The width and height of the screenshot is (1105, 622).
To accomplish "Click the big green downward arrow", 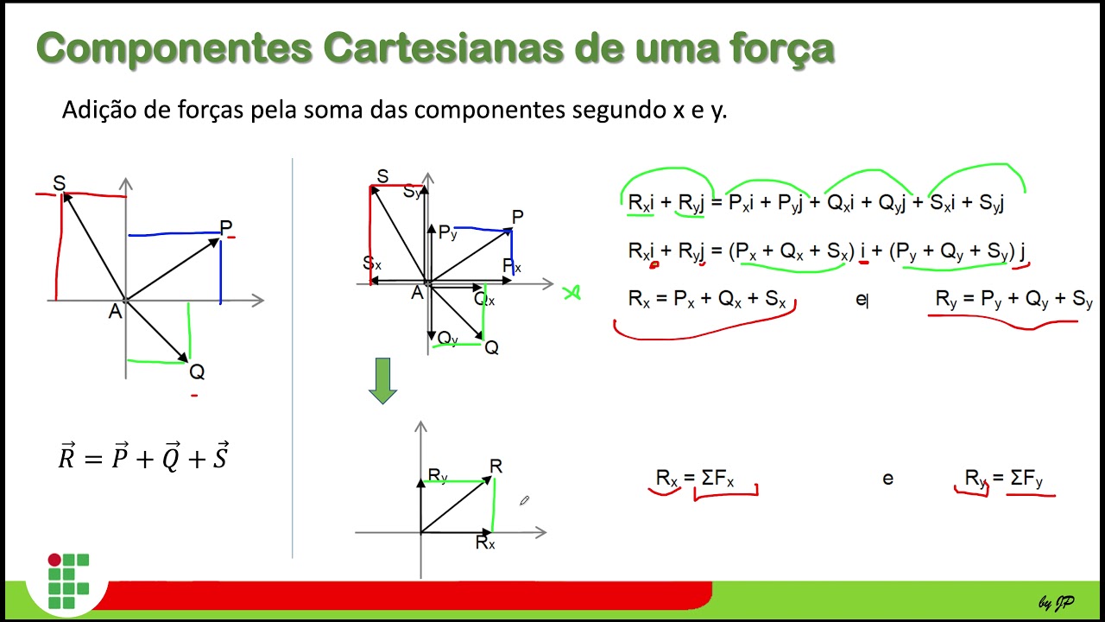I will pos(382,381).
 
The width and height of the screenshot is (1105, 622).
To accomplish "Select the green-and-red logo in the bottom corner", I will pos(68,581).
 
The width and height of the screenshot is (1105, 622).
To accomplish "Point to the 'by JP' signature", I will pos(1056,602).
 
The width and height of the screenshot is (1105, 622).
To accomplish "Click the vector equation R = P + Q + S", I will pos(143,457).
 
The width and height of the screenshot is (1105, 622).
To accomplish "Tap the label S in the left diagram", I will pos(59,183).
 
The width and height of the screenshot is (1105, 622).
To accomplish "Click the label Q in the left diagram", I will pos(197,372).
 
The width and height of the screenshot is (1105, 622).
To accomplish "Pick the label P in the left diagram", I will pos(225,228).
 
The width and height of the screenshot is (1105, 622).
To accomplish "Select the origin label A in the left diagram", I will pos(115,312).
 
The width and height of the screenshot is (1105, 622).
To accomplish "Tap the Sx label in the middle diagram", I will pos(372,263).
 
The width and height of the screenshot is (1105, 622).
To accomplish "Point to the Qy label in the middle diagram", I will pos(447,338).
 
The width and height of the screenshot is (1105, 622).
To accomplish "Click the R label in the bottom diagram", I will pos(496,466).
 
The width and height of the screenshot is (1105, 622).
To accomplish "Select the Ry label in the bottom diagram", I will pos(438,475).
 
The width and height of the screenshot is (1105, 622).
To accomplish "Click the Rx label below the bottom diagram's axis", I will pos(485,543).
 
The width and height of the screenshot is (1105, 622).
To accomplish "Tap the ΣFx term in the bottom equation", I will pos(717,478).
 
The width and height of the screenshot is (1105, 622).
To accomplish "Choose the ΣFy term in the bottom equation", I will pos(1026,478).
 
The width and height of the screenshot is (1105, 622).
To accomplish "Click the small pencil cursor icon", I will pos(524,500).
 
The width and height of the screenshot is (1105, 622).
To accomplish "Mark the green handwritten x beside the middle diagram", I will pos(571,293).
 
